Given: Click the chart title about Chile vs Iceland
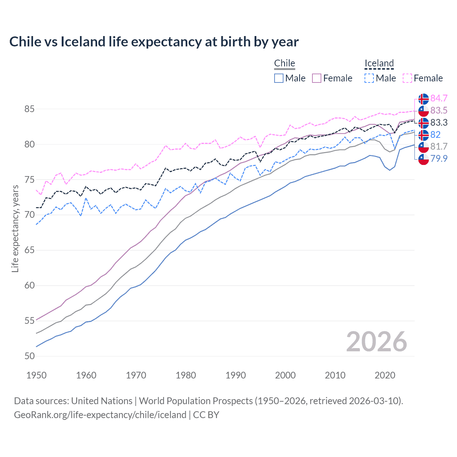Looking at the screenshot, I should [154, 42].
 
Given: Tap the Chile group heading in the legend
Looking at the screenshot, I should [285, 63].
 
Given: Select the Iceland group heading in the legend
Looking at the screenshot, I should [379, 63].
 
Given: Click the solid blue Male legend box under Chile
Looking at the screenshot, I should [279, 78].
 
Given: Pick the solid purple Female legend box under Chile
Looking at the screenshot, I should [317, 78].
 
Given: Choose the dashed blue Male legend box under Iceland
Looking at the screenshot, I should [369, 78].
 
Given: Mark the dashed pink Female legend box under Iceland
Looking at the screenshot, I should [407, 78].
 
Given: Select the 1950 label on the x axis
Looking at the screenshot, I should [36, 375].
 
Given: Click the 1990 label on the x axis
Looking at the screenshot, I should [236, 375].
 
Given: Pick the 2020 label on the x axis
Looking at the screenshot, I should [385, 375].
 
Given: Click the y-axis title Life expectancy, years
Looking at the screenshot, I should [15, 228].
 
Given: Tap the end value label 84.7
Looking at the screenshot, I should [439, 98].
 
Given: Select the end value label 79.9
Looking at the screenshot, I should [439, 159].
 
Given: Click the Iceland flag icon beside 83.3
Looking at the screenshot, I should [423, 123].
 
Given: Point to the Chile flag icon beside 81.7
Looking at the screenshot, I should [423, 147].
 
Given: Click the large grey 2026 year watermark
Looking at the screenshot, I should [376, 342].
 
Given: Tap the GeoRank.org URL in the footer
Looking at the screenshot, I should [100, 415].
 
